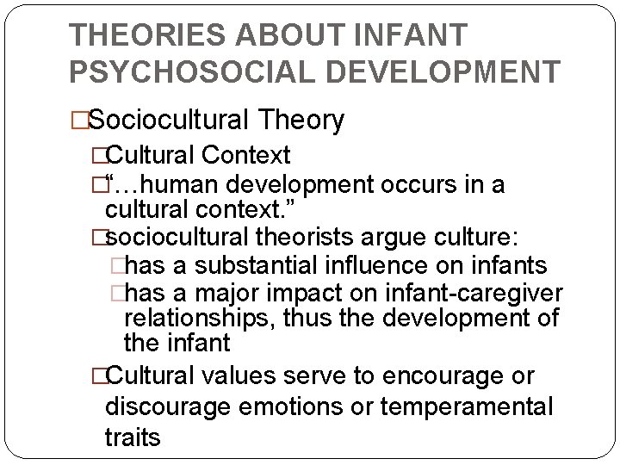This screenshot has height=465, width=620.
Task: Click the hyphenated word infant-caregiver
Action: point(487,292)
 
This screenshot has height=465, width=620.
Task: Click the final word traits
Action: point(133,437)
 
